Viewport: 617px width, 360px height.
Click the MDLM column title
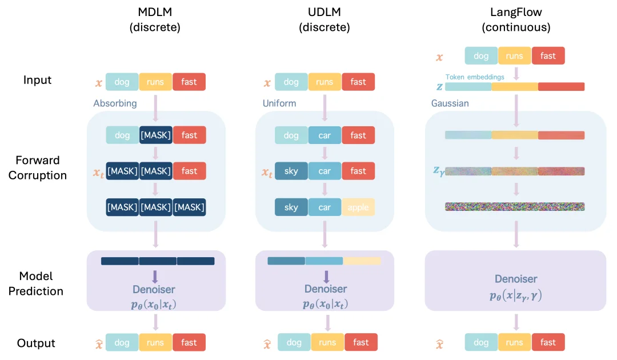click(x=155, y=19)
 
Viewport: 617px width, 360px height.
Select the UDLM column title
click(x=324, y=19)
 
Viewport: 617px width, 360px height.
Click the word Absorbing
click(x=115, y=103)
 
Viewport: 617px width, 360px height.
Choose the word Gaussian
click(x=450, y=103)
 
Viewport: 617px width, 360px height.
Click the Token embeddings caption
click(x=475, y=77)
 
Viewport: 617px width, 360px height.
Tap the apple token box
click(x=358, y=207)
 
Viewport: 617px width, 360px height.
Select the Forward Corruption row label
click(x=38, y=167)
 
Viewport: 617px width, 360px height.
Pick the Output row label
click(x=36, y=343)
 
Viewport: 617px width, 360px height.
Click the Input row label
click(x=38, y=80)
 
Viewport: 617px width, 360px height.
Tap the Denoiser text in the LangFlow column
click(x=516, y=279)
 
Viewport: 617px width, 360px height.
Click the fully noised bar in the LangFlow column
click(x=515, y=206)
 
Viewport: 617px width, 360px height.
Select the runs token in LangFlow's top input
click(x=514, y=56)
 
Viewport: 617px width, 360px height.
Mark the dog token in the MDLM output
click(x=122, y=343)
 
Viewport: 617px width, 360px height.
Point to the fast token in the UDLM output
click(x=361, y=342)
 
